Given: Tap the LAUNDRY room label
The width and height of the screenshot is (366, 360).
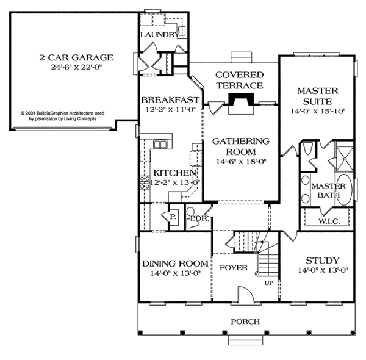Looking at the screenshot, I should click(x=160, y=35).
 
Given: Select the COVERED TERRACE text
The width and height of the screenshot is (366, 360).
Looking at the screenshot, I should click(x=239, y=81).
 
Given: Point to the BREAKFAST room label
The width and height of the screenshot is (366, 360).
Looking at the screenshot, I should click(x=170, y=100).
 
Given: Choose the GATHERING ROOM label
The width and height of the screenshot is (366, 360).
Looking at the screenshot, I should click(x=240, y=146).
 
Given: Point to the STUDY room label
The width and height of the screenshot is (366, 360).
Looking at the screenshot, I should click(x=323, y=261).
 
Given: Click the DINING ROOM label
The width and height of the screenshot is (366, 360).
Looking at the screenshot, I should click(x=171, y=264).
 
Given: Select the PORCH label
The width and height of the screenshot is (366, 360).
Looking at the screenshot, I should click(x=245, y=322).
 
